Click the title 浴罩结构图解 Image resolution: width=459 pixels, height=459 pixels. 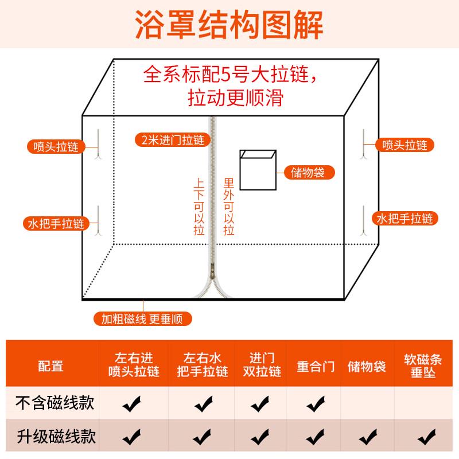[x=229, y=24]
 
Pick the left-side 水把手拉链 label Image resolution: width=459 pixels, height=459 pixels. [x=55, y=223]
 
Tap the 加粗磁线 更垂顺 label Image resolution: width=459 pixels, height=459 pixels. [x=143, y=319]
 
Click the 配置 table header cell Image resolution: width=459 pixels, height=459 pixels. [x=51, y=366]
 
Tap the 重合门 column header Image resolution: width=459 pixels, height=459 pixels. [x=316, y=366]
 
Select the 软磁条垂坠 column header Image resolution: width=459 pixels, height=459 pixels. [x=423, y=366]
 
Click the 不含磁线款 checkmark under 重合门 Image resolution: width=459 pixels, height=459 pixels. [x=316, y=404]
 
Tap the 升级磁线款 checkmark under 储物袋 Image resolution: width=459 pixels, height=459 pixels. [x=367, y=437]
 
